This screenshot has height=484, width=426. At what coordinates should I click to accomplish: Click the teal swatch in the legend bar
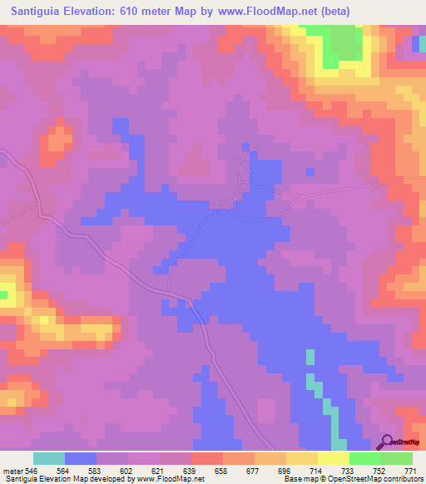click(x=49, y=458)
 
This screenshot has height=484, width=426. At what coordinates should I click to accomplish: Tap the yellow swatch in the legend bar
click(x=334, y=458)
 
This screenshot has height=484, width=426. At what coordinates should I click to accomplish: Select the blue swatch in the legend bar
click(x=81, y=458)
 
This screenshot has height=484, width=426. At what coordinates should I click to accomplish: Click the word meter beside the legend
click(x=13, y=471)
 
